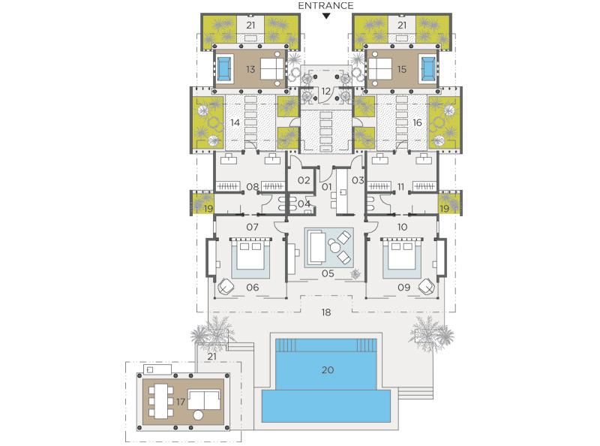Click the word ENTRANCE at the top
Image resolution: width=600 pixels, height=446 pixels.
tap(325, 6)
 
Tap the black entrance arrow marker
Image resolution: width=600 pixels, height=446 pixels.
tap(326, 16)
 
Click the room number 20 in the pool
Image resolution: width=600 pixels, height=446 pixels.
tap(328, 369)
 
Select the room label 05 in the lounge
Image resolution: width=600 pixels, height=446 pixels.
tap(328, 273)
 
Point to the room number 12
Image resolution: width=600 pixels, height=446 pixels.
tap(325, 91)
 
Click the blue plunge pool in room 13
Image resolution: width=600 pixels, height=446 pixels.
tap(224, 69)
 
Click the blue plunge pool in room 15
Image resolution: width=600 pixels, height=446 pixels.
tap(427, 69)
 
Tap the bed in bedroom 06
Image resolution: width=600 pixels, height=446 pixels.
tap(250, 255)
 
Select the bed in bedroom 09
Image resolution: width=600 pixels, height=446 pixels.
tap(401, 255)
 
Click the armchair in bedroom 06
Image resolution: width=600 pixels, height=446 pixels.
tap(226, 287)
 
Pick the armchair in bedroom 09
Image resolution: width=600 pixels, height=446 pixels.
tap(426, 287)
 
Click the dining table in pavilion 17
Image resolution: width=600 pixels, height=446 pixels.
tap(161, 401)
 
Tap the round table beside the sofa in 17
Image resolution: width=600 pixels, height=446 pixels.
tap(198, 414)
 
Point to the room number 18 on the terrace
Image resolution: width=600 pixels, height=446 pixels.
tap(326, 312)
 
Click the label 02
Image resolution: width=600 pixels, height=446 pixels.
tap(304, 180)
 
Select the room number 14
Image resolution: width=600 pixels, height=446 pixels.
tap(235, 122)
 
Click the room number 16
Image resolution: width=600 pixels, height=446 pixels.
tap(417, 122)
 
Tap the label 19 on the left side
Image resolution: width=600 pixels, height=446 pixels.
tap(208, 209)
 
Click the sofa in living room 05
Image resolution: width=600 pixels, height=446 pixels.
tap(316, 247)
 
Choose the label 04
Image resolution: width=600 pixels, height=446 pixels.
tap(304, 203)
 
